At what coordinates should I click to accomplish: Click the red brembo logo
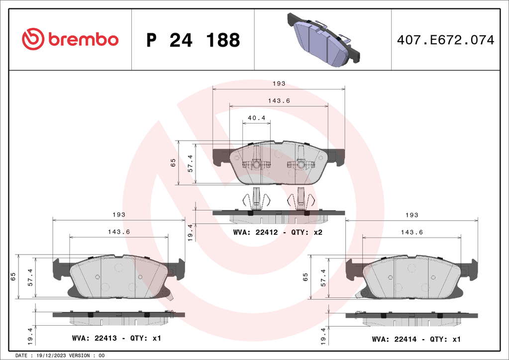70,39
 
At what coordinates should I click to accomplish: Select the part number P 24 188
193,40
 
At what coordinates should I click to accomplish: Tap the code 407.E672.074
445,40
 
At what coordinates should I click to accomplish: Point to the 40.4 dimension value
256,118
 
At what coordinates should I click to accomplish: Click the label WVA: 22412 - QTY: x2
278,232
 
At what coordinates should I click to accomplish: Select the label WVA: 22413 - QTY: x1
116,338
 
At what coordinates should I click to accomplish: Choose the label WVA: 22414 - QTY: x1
416,339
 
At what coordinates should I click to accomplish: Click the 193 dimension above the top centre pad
279,84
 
